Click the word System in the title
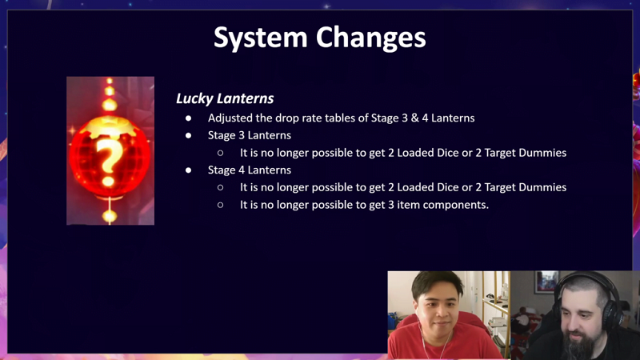pos(261,38)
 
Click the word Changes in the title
pos(371,38)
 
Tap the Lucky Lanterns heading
pos(225,98)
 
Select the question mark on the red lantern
pos(108,159)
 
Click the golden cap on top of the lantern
pos(110,125)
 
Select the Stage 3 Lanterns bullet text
pos(250,135)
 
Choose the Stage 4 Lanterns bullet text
pos(250,170)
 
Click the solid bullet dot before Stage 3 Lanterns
pos(188,135)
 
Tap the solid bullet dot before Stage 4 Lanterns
pos(188,170)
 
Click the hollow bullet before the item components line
pos(221,205)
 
